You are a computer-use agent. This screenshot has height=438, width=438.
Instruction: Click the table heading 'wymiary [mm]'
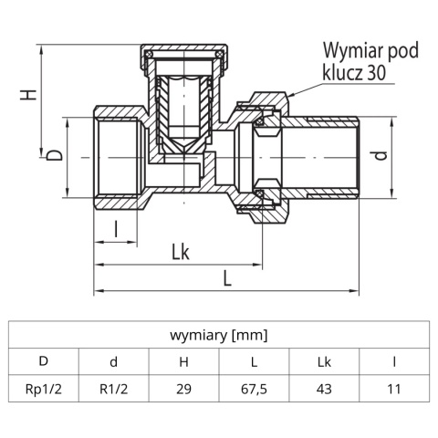[x=218, y=335]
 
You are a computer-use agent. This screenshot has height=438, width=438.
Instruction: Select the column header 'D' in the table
[x=43, y=361]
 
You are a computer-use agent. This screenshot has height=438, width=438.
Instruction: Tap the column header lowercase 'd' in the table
[x=113, y=361]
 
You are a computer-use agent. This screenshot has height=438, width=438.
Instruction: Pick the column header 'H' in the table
[x=183, y=361]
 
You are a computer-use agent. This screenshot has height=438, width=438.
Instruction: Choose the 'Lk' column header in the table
[x=324, y=361]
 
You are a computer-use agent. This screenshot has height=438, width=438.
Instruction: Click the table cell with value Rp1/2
[x=43, y=388]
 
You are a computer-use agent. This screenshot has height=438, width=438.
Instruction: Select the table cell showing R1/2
[x=113, y=388]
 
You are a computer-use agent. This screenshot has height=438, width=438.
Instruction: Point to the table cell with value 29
[x=183, y=388]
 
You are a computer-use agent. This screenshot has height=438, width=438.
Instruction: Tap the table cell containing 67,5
[x=254, y=388]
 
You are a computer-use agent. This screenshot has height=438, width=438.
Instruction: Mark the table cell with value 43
[x=324, y=388]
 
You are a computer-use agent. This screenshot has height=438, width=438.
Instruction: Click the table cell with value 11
[x=394, y=388]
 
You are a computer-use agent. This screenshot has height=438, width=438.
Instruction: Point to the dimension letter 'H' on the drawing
[x=29, y=96]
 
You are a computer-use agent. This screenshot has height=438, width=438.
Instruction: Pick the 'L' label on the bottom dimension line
[x=227, y=278]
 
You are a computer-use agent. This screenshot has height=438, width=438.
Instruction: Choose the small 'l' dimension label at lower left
[x=117, y=228]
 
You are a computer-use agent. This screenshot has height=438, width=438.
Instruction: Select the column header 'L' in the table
[x=254, y=361]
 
